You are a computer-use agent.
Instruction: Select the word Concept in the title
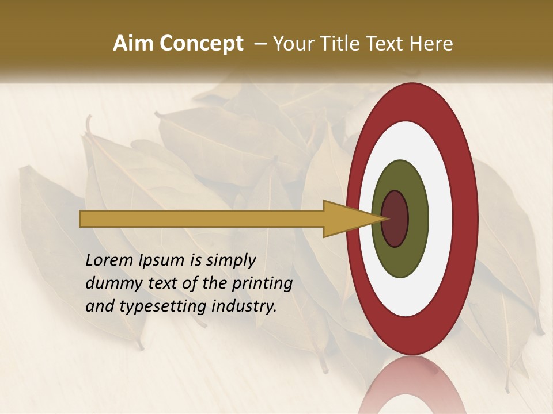(x=202, y=44)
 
